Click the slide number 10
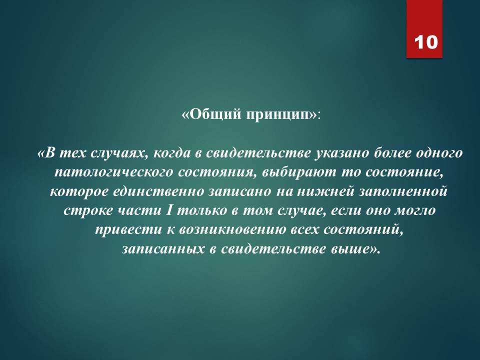pyautogui.click(x=426, y=42)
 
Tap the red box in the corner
pyautogui.click(x=424, y=29)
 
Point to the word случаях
pyautogui.click(x=119, y=153)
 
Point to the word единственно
pyautogui.click(x=158, y=191)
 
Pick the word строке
pyautogui.click(x=88, y=210)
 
